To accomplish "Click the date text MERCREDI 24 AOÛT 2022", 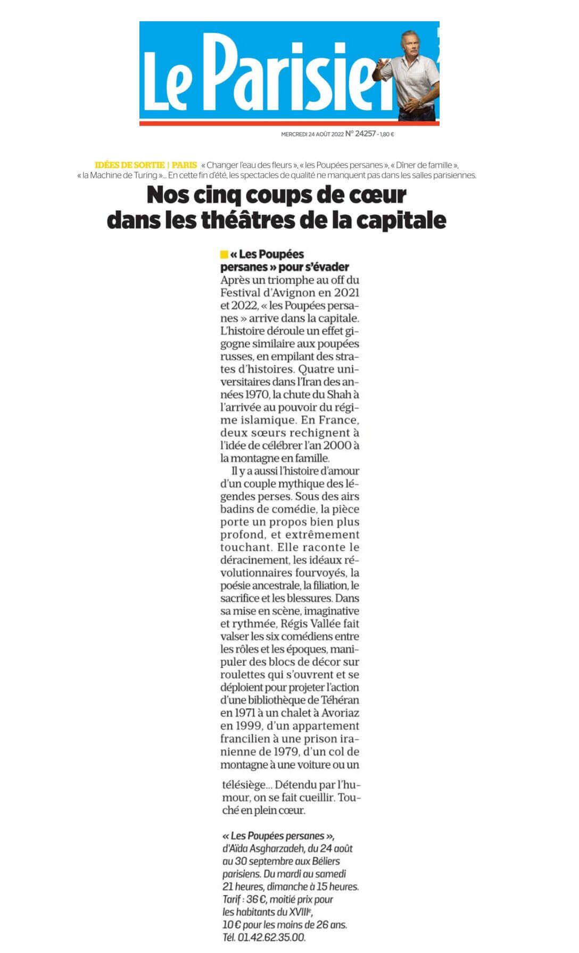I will [312, 135].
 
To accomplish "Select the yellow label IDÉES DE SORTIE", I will [129, 165].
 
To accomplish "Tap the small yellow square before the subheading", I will [224, 254].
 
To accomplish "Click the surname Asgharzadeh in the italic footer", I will [278, 848].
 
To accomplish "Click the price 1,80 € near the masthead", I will [387, 135].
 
